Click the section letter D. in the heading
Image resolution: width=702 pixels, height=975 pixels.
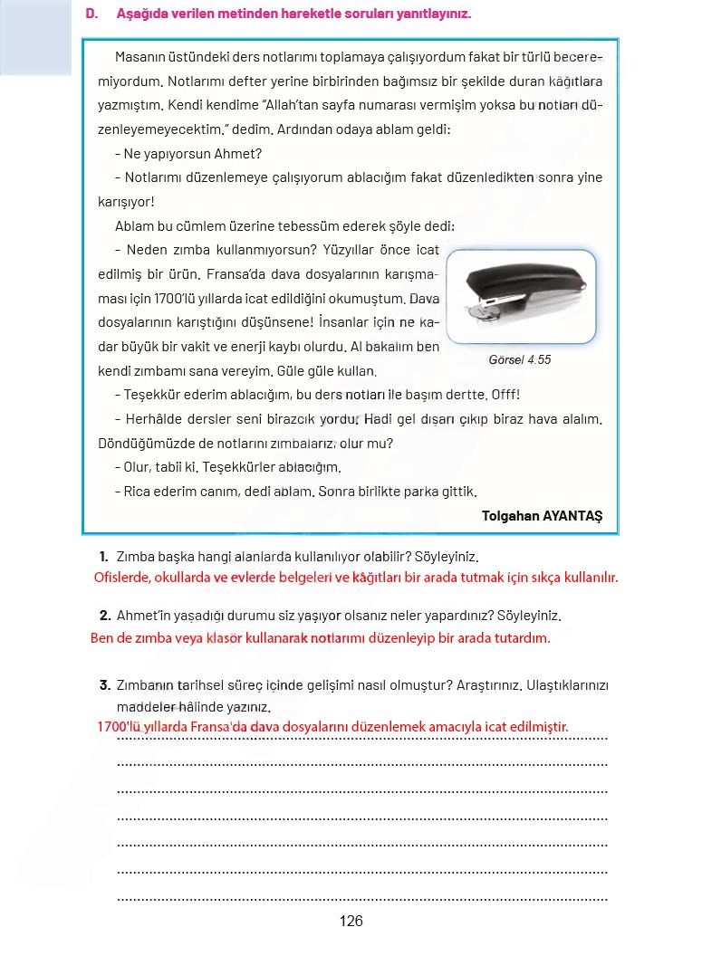click(91, 14)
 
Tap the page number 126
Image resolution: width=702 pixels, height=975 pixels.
click(351, 922)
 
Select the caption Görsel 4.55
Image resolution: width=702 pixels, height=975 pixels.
click(519, 359)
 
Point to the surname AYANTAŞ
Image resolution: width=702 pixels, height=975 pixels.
click(572, 516)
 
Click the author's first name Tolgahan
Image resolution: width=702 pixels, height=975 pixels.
click(511, 516)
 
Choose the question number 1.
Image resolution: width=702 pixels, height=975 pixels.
click(104, 556)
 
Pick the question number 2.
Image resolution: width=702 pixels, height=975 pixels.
click(104, 616)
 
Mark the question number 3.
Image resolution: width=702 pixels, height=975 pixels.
click(104, 685)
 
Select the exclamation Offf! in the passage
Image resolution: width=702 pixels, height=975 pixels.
click(505, 395)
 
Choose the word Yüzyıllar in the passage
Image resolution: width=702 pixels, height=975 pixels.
click(331, 250)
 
